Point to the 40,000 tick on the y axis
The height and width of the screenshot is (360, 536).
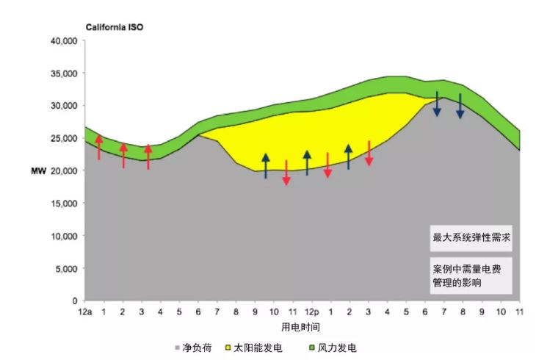[x=63, y=41]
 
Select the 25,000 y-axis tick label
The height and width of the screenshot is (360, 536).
[x=63, y=138]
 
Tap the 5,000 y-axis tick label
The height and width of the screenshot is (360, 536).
[x=66, y=269]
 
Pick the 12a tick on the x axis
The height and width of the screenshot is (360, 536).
[x=85, y=312]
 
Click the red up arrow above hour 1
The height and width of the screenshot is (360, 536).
[x=100, y=147]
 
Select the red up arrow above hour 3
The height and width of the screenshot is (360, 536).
[x=148, y=156]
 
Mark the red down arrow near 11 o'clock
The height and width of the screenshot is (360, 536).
[x=286, y=172]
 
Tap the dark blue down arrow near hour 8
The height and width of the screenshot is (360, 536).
[x=460, y=107]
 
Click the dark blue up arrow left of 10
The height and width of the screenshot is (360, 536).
[x=266, y=166]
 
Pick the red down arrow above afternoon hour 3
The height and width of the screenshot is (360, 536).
[x=369, y=153]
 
